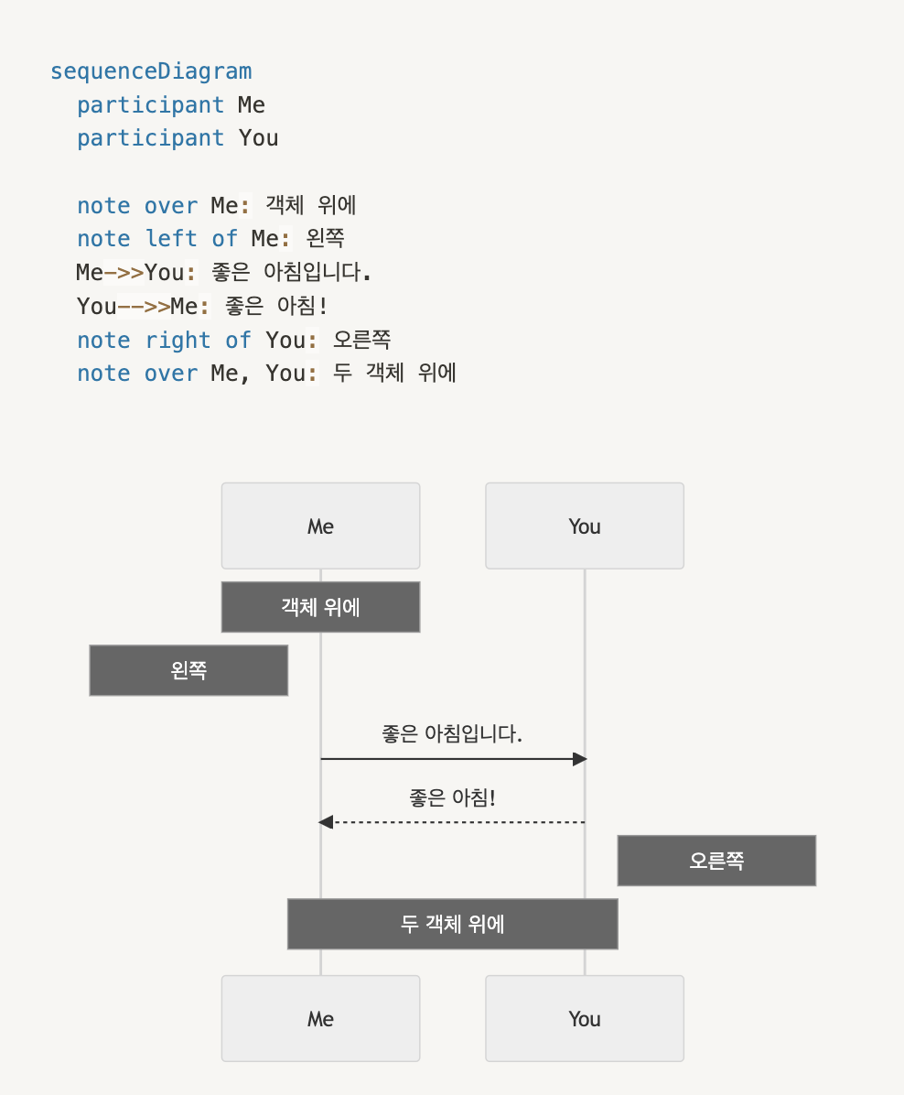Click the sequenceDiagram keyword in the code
(x=151, y=71)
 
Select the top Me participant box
(x=320, y=526)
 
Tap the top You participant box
(x=585, y=526)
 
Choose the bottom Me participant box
(x=320, y=1018)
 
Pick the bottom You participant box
(x=585, y=1018)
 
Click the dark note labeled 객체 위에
(x=320, y=607)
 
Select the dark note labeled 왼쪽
(x=188, y=670)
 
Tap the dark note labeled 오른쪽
(x=716, y=861)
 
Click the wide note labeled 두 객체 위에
(x=452, y=924)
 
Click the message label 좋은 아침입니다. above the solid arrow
(x=452, y=733)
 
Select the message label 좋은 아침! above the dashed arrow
(x=452, y=797)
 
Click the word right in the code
(x=178, y=341)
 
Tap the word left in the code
(x=171, y=239)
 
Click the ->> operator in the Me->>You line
(x=124, y=272)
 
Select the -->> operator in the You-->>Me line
(x=144, y=306)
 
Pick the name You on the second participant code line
(x=258, y=138)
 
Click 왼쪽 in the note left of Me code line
(x=326, y=239)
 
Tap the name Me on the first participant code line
(x=252, y=104)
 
